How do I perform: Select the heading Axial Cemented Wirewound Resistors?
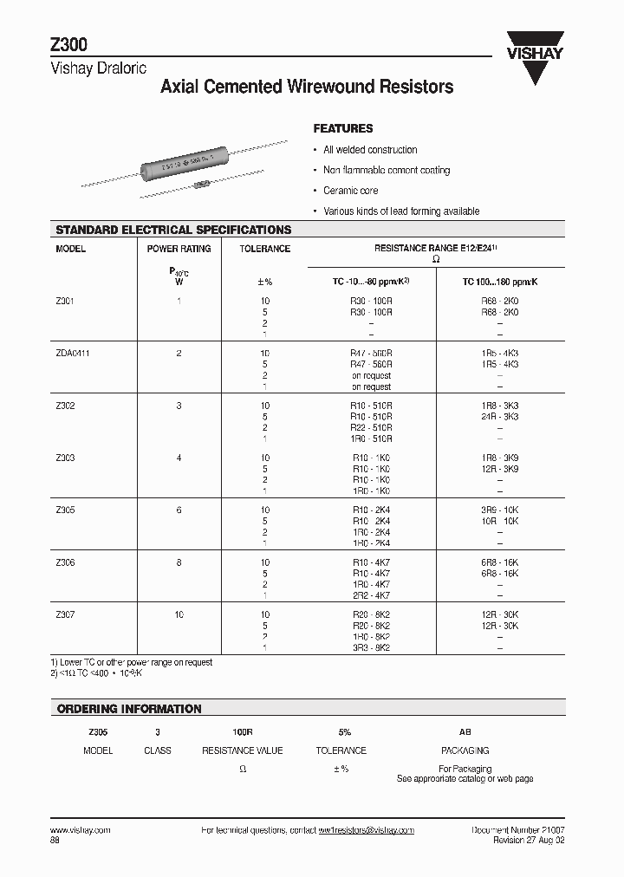pos(307,88)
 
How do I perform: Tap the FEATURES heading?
pos(343,128)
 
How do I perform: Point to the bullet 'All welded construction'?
pos(370,150)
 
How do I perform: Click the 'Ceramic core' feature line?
pos(350,191)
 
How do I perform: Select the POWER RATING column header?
pos(179,249)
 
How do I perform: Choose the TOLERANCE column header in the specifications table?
pos(265,249)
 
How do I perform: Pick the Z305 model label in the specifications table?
pos(65,510)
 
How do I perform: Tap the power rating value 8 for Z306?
pos(179,562)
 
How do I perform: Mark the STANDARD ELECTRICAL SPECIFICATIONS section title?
pos(173,230)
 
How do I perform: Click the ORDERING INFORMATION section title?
pos(129,709)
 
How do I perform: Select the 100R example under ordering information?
pos(243,731)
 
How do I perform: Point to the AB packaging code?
pos(465,731)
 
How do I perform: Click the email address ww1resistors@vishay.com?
pos(366,830)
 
